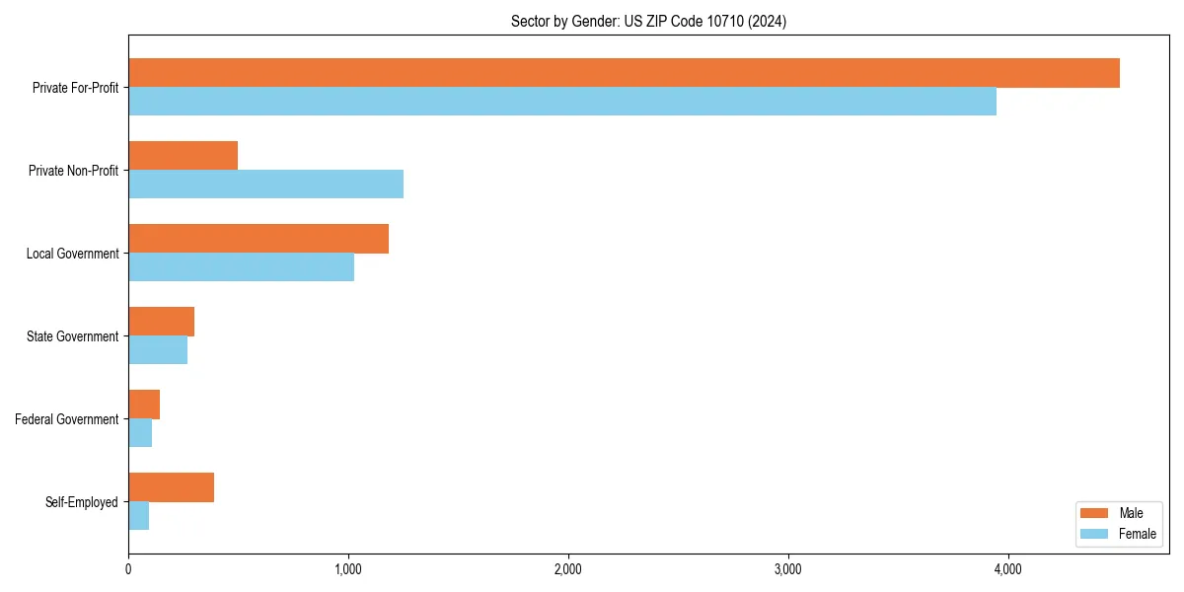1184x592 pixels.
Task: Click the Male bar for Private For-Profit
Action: [624, 73]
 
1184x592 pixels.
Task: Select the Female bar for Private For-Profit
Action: [562, 102]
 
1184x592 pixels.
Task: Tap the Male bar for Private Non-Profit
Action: [184, 156]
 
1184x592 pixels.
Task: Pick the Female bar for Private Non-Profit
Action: [266, 185]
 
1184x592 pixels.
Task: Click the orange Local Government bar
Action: [259, 239]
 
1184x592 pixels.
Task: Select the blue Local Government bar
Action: [242, 267]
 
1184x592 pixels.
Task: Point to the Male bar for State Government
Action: [162, 322]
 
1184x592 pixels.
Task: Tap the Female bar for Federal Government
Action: [140, 433]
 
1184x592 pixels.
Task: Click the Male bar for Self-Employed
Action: [172, 487]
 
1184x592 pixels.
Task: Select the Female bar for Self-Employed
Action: [139, 516]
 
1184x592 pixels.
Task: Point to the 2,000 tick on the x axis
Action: [567, 569]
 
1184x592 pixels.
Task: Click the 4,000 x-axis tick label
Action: [1007, 569]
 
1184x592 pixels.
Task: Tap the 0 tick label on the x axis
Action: [128, 569]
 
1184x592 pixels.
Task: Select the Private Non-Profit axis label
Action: [73, 171]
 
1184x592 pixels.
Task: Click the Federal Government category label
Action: [67, 419]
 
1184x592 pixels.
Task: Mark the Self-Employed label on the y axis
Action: [82, 502]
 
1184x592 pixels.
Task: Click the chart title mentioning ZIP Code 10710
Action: [648, 21]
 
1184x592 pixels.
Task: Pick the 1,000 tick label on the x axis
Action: [348, 569]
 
